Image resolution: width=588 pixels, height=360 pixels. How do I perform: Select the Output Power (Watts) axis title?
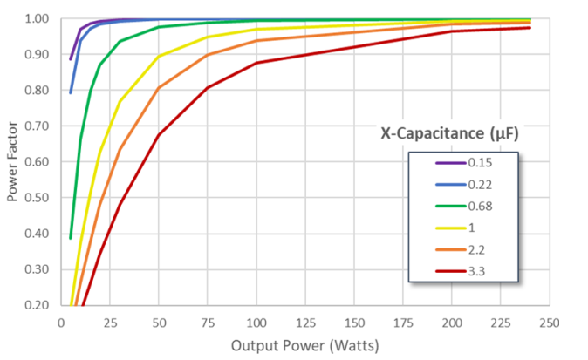304,346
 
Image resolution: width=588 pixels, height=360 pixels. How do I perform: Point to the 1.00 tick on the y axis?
38,18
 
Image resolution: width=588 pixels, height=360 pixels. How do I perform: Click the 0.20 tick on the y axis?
38,304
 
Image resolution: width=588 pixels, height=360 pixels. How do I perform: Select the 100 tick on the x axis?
256,321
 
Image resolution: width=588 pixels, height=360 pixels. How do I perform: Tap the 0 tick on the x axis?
61,321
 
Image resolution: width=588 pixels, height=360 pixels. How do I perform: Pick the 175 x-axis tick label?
403,321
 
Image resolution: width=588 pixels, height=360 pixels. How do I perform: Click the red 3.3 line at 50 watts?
159,135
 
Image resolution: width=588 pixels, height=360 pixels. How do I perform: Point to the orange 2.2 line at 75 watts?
208,55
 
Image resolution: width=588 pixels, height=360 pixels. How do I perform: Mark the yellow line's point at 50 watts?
159,57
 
